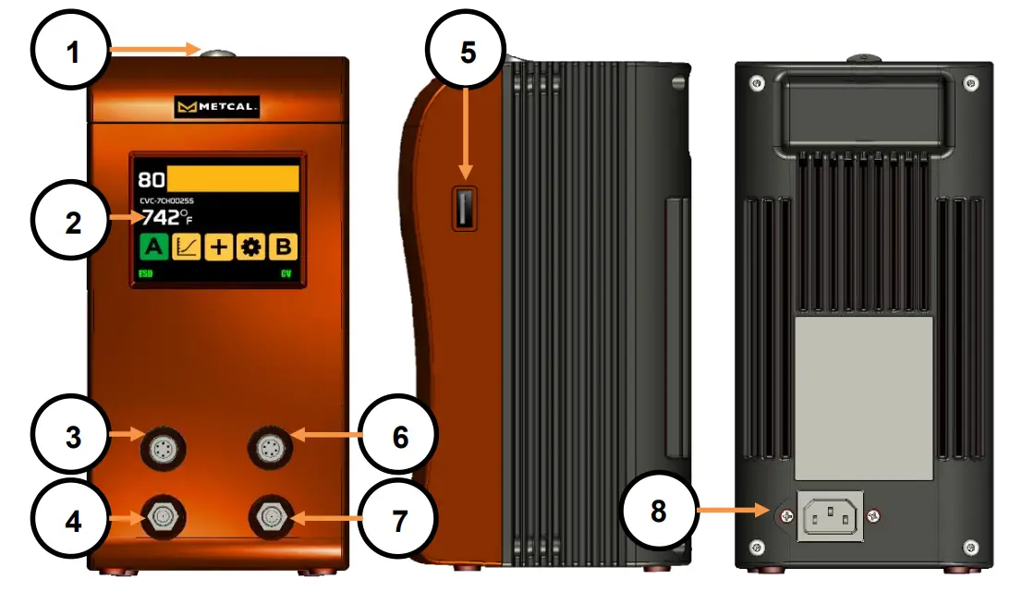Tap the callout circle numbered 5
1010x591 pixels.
pos(468,52)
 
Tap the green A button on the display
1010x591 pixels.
pos(153,248)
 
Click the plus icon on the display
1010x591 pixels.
pos(218,248)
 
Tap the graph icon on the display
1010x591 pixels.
pos(186,248)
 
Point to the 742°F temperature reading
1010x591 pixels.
pos(166,218)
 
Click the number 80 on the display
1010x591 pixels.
pos(151,179)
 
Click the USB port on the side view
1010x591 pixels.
pos(464,206)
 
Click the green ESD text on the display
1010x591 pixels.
pos(146,275)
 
